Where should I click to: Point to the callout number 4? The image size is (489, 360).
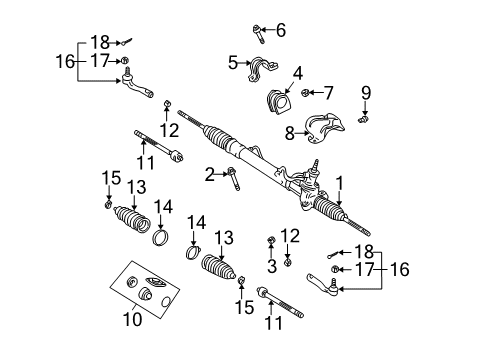[298, 72]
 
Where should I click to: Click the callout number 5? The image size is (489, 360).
[233, 63]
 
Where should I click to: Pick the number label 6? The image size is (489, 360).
[280, 30]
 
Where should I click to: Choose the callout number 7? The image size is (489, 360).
[328, 93]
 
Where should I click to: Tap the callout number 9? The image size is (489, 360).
[366, 93]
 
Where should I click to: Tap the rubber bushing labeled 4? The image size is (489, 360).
[277, 102]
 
